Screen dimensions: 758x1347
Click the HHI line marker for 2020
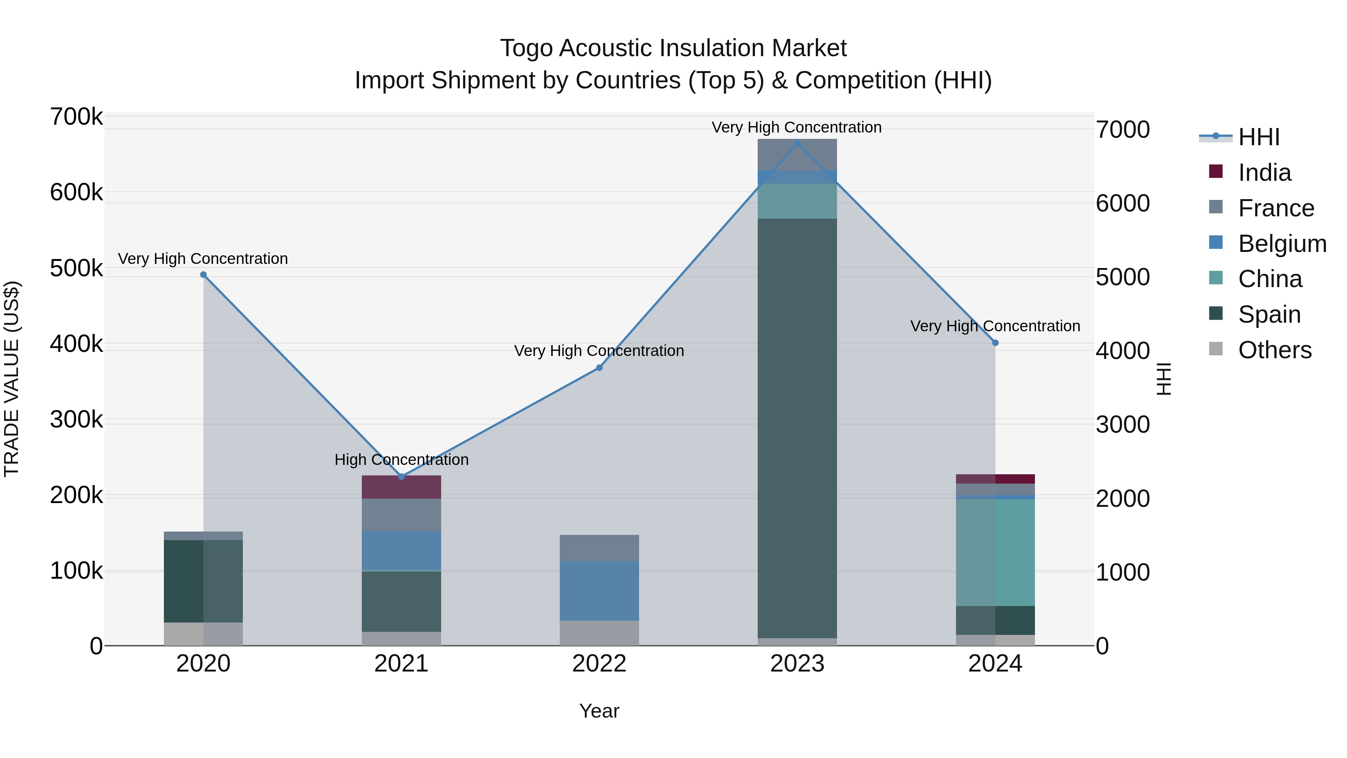(x=204, y=275)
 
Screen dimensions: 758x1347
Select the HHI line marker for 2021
(x=401, y=477)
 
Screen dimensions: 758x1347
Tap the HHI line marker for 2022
(x=599, y=368)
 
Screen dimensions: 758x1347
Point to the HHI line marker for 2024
(x=995, y=343)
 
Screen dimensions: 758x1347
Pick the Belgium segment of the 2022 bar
(x=599, y=591)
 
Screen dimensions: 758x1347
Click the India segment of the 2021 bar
(x=401, y=487)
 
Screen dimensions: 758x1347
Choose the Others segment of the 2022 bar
(x=599, y=633)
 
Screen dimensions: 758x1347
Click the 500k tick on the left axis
(x=76, y=268)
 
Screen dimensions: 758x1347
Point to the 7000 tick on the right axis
(x=1122, y=130)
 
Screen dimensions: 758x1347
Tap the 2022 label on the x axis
(x=599, y=664)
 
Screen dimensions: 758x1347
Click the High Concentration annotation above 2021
(x=401, y=460)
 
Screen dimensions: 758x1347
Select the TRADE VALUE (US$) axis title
(x=12, y=379)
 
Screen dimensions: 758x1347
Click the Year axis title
(x=599, y=711)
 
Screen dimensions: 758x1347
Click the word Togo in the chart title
(x=526, y=48)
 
